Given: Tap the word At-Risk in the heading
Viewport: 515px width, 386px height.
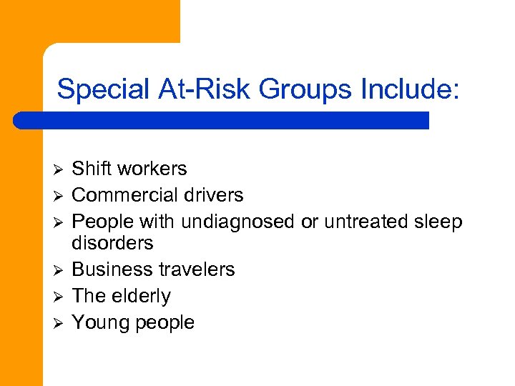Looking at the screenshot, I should [203, 90].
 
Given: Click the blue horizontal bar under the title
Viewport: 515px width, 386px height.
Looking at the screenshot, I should [222, 120].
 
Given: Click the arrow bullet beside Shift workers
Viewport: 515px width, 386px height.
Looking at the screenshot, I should [59, 169].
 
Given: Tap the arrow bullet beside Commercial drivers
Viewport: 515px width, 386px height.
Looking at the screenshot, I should [59, 196].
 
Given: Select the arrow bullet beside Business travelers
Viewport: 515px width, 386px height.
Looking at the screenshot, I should [59, 270].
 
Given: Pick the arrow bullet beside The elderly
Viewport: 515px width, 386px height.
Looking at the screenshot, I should [59, 297].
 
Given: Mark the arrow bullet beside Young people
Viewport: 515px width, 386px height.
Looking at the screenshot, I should [59, 323].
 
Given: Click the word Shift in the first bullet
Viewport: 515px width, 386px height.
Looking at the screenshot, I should [92, 169].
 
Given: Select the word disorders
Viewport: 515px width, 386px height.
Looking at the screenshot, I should [112, 243].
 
